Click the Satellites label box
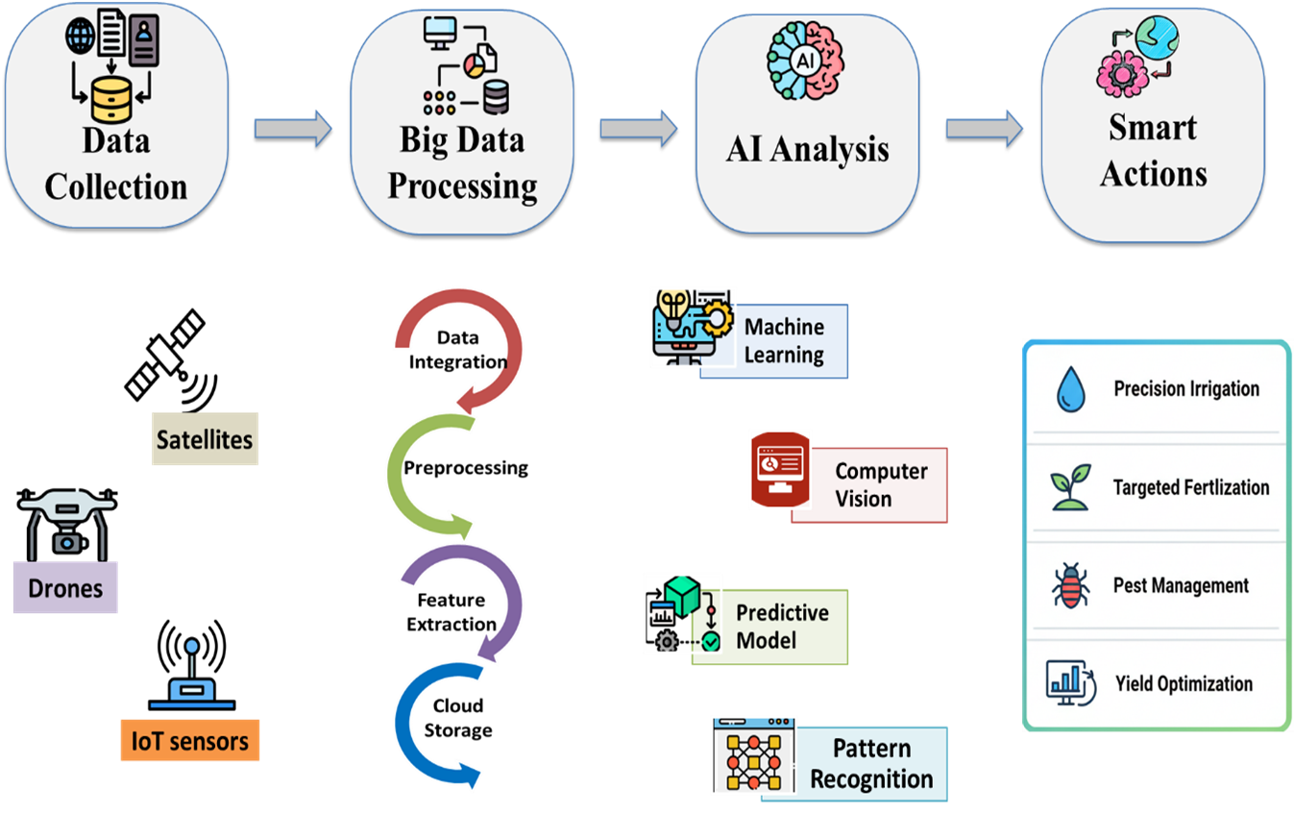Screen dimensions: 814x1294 click(x=205, y=439)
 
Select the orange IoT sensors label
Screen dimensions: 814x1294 click(x=189, y=741)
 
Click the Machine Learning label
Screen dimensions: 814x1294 click(x=784, y=341)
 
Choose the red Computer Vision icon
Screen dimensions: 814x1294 click(x=779, y=468)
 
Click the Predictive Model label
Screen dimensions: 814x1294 click(x=781, y=627)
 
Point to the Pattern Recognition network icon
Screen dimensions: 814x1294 click(x=754, y=755)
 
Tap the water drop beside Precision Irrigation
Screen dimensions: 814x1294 click(x=1069, y=389)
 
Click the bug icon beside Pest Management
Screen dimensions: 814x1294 click(x=1069, y=585)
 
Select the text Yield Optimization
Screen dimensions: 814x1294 click(x=1184, y=684)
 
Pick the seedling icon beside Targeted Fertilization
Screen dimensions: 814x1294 click(x=1069, y=487)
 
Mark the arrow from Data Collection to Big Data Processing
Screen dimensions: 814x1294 click(x=292, y=129)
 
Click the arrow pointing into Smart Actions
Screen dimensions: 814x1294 click(x=984, y=129)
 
